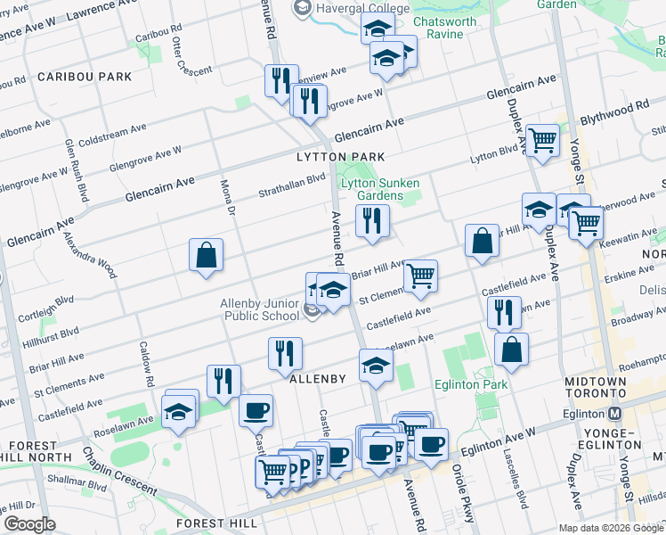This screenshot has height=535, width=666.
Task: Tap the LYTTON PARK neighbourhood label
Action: tap(341, 157)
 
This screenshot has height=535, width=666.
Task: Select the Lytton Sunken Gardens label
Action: tap(380, 188)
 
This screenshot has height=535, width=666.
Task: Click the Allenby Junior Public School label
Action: tap(260, 309)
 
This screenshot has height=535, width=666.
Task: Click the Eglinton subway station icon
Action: tap(614, 414)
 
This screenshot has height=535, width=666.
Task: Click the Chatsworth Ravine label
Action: tap(451, 28)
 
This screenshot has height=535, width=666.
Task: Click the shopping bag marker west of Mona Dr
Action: tap(206, 255)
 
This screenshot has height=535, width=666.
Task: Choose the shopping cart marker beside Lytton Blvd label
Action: tap(542, 140)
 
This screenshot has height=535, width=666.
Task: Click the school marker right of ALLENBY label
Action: tap(376, 365)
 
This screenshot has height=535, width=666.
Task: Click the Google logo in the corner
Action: tap(30, 523)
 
